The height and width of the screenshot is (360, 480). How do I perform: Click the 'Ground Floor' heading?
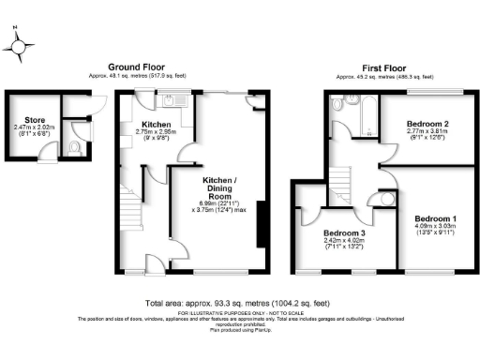pos(138,67)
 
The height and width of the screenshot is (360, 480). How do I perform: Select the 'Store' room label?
pos(35,120)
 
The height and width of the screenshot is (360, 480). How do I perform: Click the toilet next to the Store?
pos(76,147)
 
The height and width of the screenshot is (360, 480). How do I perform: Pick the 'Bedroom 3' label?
pos(345,232)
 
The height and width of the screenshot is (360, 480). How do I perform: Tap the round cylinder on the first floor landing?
pos(386,199)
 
